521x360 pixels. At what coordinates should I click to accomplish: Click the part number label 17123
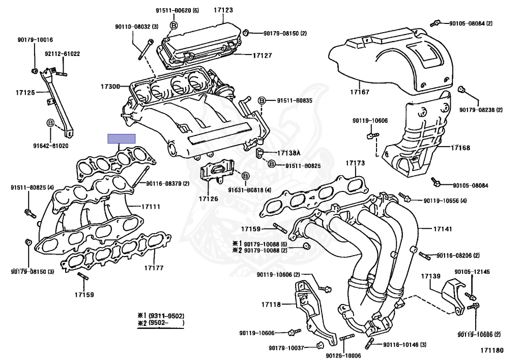[x=223, y=10]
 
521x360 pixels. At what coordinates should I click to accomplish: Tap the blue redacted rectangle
[x=121, y=139]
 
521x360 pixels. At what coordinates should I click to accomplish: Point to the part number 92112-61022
[x=62, y=53]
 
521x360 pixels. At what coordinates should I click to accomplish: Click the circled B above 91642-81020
[x=50, y=123]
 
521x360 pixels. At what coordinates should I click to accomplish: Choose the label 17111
[x=151, y=207]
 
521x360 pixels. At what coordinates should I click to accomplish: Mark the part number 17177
[x=153, y=267]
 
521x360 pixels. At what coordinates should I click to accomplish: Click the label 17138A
[x=289, y=153]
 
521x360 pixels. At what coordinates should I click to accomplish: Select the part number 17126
[x=209, y=199]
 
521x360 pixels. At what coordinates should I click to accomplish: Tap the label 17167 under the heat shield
[x=360, y=93]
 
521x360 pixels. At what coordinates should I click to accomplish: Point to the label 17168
[x=460, y=148]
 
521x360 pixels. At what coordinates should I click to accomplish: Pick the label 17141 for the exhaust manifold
[x=442, y=229]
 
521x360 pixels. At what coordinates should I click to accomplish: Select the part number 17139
[x=430, y=276]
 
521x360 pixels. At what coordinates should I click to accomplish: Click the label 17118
[x=271, y=304]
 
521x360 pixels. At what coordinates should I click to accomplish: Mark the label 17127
[x=263, y=56]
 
